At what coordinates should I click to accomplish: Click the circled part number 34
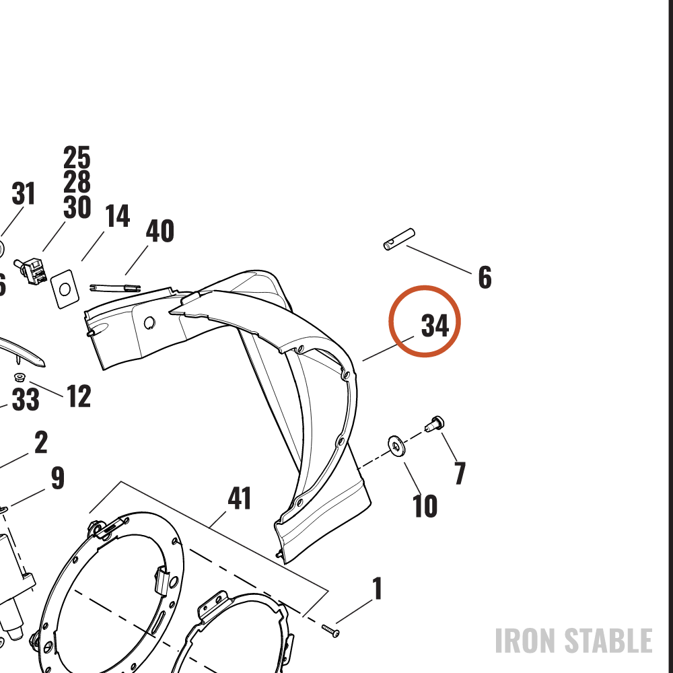pyautogui.click(x=435, y=326)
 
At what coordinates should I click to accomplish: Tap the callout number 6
pyautogui.click(x=485, y=277)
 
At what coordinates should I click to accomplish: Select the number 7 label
pyautogui.click(x=460, y=473)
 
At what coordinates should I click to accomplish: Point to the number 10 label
pyautogui.click(x=425, y=506)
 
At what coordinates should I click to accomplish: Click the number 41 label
pyautogui.click(x=239, y=498)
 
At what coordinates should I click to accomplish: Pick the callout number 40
pyautogui.click(x=160, y=231)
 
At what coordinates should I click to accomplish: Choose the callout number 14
pyautogui.click(x=117, y=216)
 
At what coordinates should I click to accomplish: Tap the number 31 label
pyautogui.click(x=23, y=194)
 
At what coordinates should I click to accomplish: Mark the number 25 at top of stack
pyautogui.click(x=77, y=157)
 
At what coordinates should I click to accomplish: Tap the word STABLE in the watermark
pyautogui.click(x=608, y=641)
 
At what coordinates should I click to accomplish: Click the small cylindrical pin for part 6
pyautogui.click(x=398, y=239)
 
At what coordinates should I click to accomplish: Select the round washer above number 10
pyautogui.click(x=396, y=446)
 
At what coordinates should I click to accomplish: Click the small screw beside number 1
pyautogui.click(x=330, y=631)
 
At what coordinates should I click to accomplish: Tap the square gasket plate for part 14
pyautogui.click(x=65, y=289)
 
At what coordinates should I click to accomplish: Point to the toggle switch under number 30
pyautogui.click(x=30, y=271)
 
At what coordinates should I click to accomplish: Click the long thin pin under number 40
pyautogui.click(x=115, y=287)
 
